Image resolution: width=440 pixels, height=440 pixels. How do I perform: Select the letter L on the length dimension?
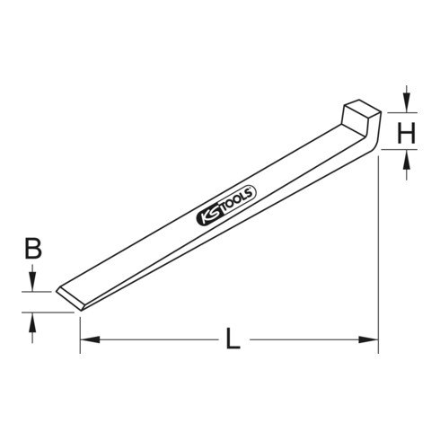232,340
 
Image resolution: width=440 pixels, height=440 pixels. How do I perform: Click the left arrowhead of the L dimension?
88,340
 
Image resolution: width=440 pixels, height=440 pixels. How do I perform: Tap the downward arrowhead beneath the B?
32,284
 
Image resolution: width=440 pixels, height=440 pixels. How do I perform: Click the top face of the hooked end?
361,108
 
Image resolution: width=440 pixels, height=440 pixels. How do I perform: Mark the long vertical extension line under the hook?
379,251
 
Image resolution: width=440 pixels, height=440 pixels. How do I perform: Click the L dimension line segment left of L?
153,340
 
